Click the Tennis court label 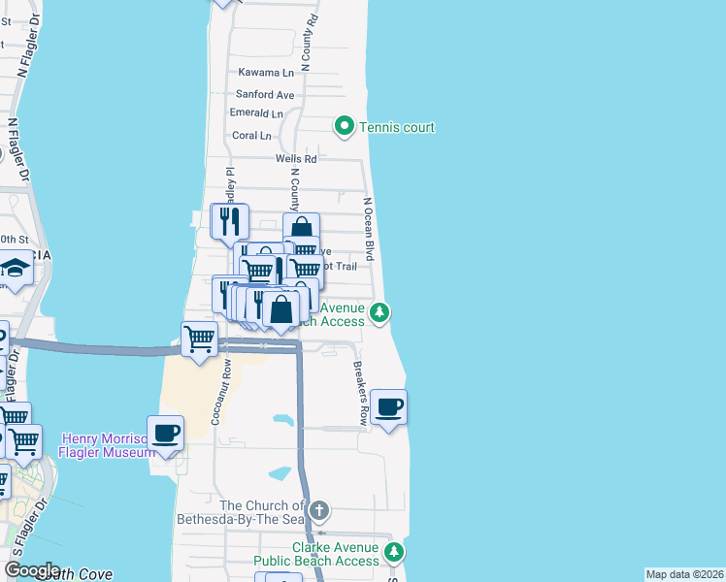tap(396, 127)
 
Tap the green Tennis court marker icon tap(343, 126)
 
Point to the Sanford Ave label tap(265, 95)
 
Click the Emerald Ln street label tap(256, 113)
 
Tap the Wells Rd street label tap(296, 158)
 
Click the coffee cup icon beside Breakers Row tap(388, 407)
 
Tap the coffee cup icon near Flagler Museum tap(165, 433)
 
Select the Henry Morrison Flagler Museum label tap(108, 445)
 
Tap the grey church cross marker tap(319, 509)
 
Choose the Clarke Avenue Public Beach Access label tap(316, 554)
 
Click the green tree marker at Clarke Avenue tap(393, 553)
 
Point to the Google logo tap(32, 570)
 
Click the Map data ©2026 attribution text tap(684, 574)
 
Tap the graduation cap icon tap(15, 270)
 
